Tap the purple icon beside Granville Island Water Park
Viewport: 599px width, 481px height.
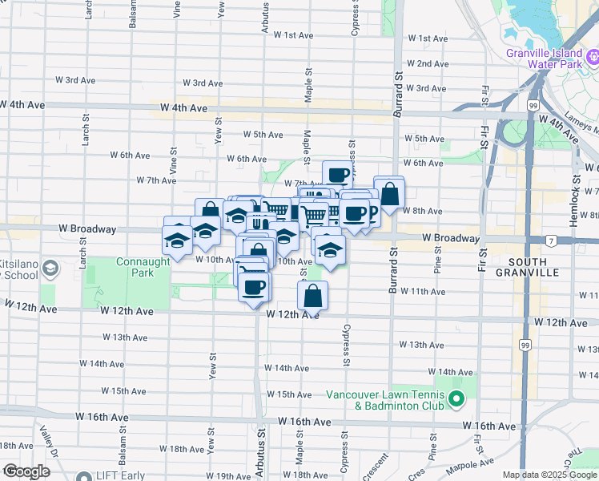pyautogui.click(x=593, y=55)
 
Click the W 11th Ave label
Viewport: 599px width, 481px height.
pyautogui.click(x=428, y=291)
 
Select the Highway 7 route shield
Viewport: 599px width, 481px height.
pyautogui.click(x=551, y=240)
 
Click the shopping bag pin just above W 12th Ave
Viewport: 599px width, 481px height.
pyautogui.click(x=312, y=296)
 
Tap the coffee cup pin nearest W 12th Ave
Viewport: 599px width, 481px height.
pyautogui.click(x=255, y=288)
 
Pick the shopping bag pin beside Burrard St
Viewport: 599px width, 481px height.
pyautogui.click(x=389, y=193)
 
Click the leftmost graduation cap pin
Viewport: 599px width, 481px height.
pyautogui.click(x=177, y=237)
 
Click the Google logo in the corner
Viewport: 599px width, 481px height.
pyautogui.click(x=27, y=471)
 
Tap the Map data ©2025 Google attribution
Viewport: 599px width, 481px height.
pyautogui.click(x=549, y=475)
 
